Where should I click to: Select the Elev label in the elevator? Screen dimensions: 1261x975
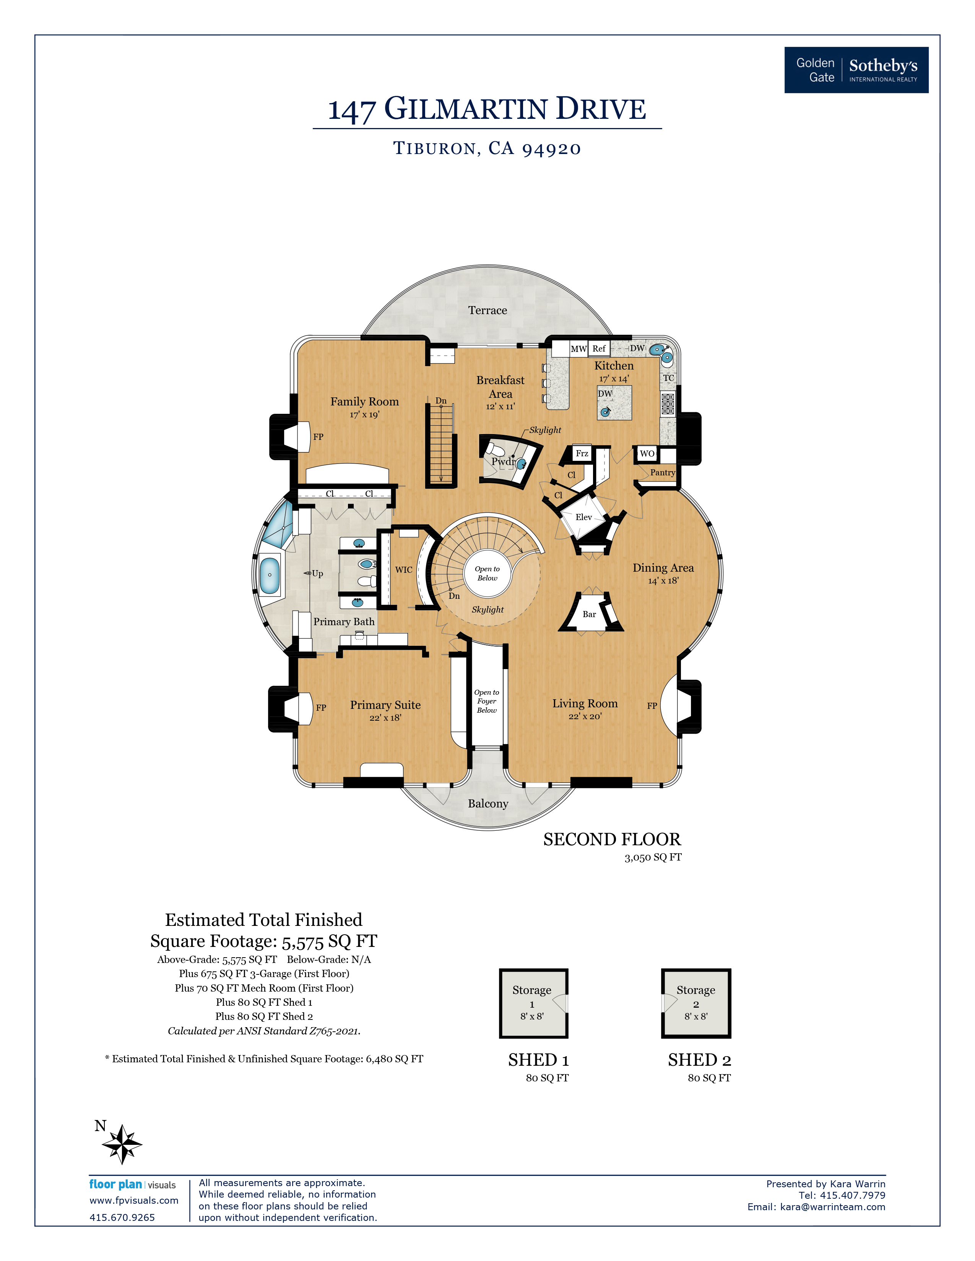[583, 517]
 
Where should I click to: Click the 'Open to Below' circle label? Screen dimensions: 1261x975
[487, 573]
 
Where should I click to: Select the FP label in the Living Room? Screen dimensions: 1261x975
[652, 705]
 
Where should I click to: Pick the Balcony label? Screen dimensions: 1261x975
[487, 803]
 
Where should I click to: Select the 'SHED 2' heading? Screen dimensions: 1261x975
[699, 1060]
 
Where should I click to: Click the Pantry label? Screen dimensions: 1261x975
[662, 472]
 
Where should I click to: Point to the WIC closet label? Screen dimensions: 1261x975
[403, 569]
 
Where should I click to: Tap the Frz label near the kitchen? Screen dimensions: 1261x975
[582, 453]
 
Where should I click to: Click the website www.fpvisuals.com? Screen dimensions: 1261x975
[133, 1200]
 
